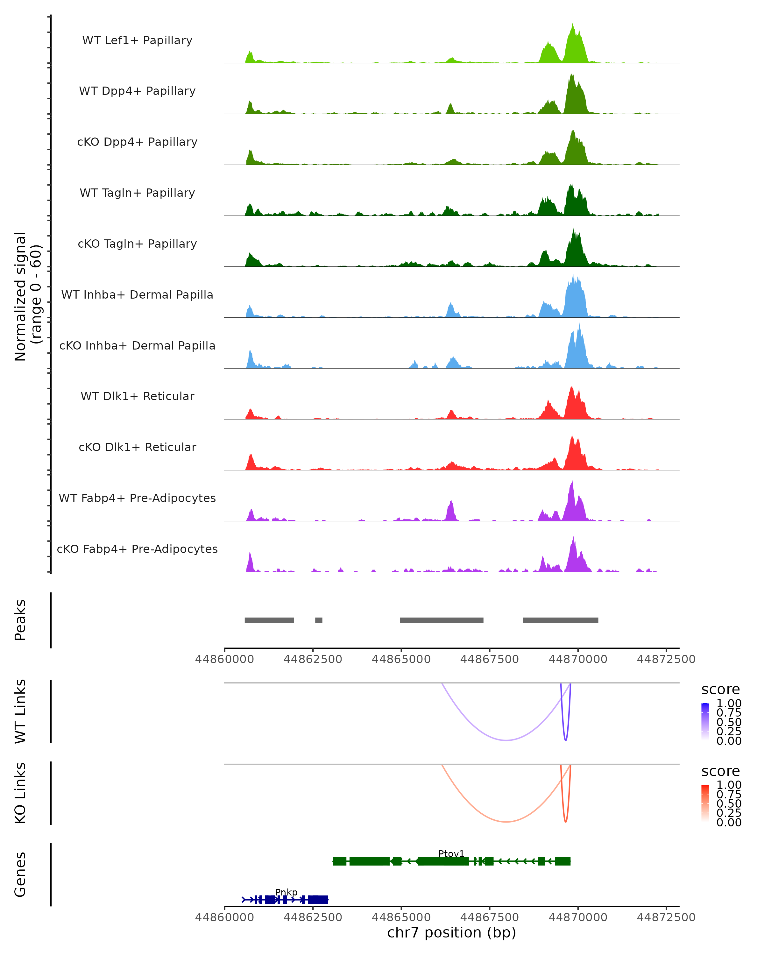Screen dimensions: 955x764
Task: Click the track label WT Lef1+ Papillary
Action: (x=137, y=40)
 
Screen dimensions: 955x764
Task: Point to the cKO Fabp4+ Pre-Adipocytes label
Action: (x=137, y=549)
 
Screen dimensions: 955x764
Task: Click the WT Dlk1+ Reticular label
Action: (x=137, y=396)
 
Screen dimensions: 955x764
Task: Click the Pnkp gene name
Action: (x=286, y=892)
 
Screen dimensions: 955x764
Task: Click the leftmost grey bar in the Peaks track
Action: (x=269, y=620)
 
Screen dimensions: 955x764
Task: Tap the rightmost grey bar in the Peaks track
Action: (x=560, y=620)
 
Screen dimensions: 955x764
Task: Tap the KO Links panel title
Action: (x=20, y=793)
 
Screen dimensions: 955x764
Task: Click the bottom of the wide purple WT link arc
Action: (x=506, y=740)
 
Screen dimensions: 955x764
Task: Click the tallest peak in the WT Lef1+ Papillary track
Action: (x=572, y=25)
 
